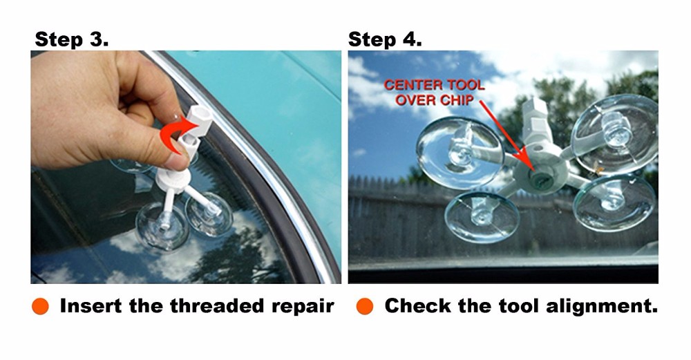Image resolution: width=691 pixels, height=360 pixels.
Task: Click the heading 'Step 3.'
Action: coord(71,39)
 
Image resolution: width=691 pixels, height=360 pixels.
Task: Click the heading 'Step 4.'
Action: coord(385,39)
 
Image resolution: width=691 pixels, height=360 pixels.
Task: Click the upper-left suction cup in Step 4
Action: coord(460,152)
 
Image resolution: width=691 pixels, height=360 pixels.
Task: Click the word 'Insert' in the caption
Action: coord(89,306)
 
